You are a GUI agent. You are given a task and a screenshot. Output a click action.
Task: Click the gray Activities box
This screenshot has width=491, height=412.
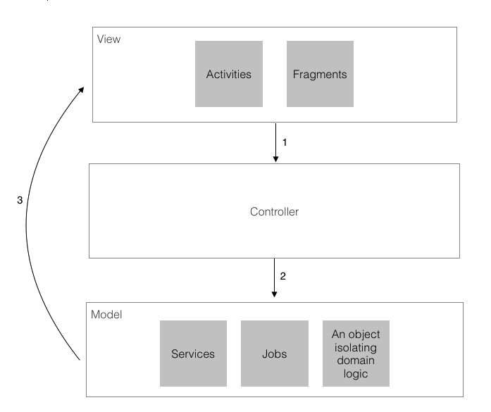coord(229,74)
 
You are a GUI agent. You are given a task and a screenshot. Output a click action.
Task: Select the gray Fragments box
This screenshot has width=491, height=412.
coord(321,74)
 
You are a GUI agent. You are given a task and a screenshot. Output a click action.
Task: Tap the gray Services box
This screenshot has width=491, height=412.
coord(193,354)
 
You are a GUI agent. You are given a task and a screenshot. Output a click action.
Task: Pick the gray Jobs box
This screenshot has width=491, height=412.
coord(275,354)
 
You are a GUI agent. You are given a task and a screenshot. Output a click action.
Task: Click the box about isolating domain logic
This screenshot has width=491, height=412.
coord(356,354)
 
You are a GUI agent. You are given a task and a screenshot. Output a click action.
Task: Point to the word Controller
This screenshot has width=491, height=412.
coord(275,211)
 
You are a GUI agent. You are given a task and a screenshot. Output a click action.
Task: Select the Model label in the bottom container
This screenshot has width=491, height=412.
coord(107,314)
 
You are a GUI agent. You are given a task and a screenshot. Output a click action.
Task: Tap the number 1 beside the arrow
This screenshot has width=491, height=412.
coord(285,142)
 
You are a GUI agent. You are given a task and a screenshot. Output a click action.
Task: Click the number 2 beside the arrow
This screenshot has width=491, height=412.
coord(283,276)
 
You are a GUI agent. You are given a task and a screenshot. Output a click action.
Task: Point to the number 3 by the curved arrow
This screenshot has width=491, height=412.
coord(20,200)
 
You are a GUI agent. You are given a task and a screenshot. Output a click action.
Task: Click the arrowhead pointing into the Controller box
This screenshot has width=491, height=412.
coord(275,159)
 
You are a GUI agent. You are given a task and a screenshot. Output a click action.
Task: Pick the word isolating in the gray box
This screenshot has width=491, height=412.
coord(356,347)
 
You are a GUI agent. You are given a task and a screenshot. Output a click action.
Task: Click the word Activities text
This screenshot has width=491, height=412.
coord(229,74)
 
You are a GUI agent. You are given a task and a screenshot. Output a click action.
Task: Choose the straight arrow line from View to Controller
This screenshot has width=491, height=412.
coord(275,141)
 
